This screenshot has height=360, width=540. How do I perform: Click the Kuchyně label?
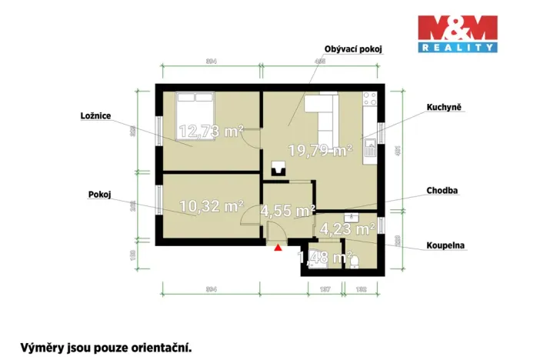click(443, 108)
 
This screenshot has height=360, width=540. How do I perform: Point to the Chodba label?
click(443, 189)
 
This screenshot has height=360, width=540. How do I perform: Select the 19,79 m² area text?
click(320, 150)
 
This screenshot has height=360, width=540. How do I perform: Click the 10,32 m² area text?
click(211, 205)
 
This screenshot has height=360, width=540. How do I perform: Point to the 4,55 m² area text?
click(288, 210)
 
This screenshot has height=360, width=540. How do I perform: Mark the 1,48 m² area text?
click(325, 258)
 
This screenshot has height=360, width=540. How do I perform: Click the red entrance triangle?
click(278, 247)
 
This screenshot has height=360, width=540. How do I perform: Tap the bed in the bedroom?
click(195, 108)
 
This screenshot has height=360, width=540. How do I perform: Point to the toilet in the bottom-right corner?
click(355, 262)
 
